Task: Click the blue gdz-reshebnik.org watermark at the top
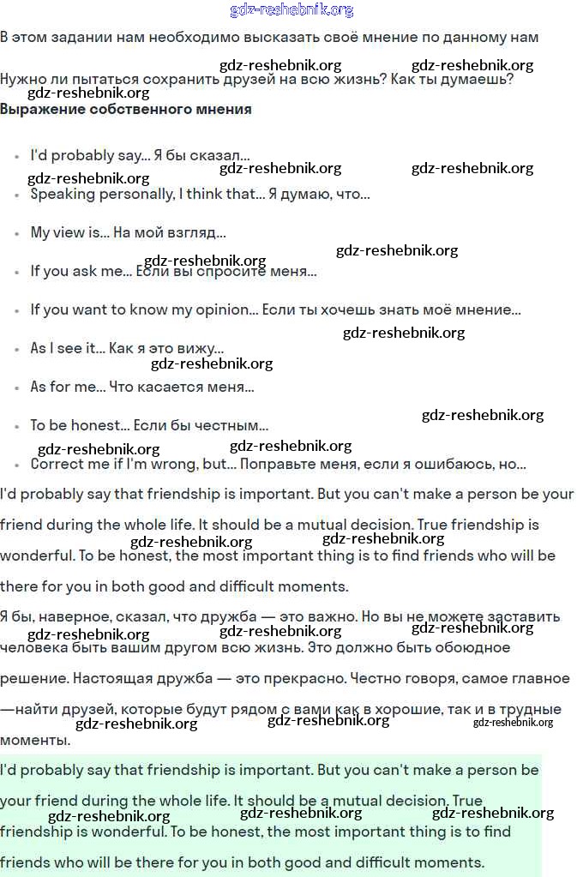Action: click(x=291, y=10)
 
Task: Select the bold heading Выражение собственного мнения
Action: click(x=126, y=109)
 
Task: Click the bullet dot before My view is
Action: click(x=17, y=234)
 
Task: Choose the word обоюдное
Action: click(x=467, y=647)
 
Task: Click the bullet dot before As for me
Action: click(x=17, y=388)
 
